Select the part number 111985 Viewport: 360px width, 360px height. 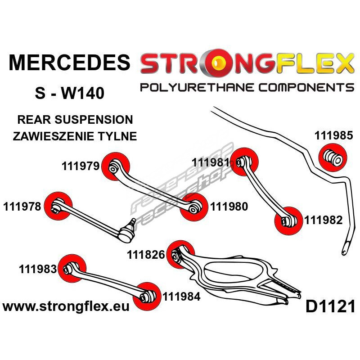point(333,135)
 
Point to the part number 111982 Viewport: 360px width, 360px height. point(324,220)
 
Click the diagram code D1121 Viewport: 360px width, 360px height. point(330,307)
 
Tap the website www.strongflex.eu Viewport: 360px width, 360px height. point(66,307)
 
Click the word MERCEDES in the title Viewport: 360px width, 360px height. point(68,63)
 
